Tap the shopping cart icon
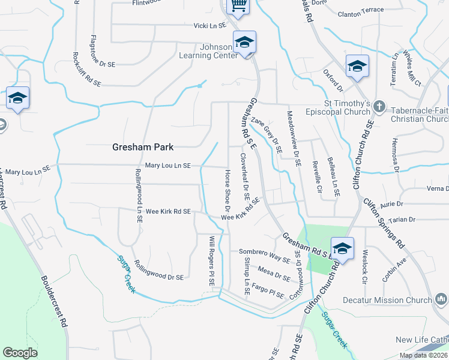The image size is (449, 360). click(238, 6)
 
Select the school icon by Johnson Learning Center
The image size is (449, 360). click(244, 43)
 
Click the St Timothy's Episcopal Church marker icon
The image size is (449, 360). click(379, 106)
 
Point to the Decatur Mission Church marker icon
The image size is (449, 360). click(441, 298)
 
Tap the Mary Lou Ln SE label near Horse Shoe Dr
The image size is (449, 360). click(168, 166)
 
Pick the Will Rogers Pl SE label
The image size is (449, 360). click(211, 260)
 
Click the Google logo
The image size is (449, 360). click(20, 353)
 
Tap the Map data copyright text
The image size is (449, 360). click(423, 355)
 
